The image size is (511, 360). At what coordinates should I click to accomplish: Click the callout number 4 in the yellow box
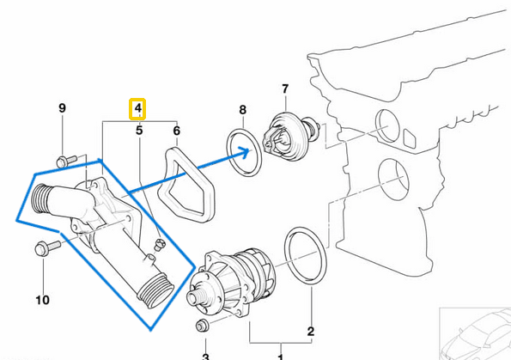coord(137,109)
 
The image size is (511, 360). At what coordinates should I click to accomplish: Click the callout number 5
coord(138,131)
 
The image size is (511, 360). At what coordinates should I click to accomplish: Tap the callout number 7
coord(285,88)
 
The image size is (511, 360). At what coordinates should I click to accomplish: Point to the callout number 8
coord(242,110)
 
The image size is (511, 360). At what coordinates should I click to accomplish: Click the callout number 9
coord(62,108)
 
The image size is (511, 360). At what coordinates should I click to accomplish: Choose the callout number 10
coord(43,300)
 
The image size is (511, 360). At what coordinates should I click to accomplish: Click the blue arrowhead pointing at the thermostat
coord(252,152)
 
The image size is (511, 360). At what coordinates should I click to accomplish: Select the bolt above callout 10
coord(44,248)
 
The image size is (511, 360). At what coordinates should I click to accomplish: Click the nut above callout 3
coord(204,326)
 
